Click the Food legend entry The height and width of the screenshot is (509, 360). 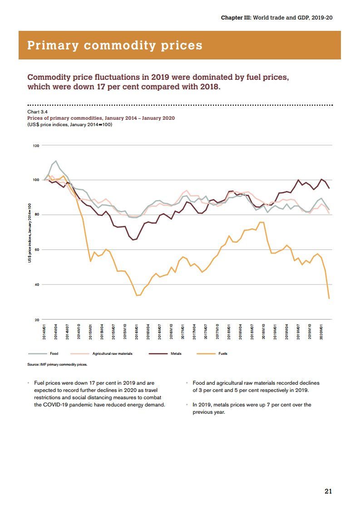point(54,353)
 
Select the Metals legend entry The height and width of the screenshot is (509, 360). point(176,353)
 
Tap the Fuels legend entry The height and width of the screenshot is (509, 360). point(222,353)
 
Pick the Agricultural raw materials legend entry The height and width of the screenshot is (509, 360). point(112,353)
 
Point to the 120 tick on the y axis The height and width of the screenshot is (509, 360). point(35,146)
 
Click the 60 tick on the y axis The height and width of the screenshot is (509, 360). point(36,250)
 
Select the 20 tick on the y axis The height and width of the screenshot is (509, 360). point(36,320)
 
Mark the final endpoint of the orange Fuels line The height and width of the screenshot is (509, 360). point(329,299)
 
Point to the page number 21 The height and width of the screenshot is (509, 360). point(328,491)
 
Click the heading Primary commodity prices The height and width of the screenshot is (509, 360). point(115,45)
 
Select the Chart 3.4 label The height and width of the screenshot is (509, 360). point(38,111)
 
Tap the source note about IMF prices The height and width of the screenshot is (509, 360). point(57,364)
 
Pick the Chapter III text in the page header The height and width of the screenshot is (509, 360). point(235,17)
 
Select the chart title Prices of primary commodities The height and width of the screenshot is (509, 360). point(101,118)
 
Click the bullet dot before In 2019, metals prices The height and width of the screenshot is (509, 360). point(187,405)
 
